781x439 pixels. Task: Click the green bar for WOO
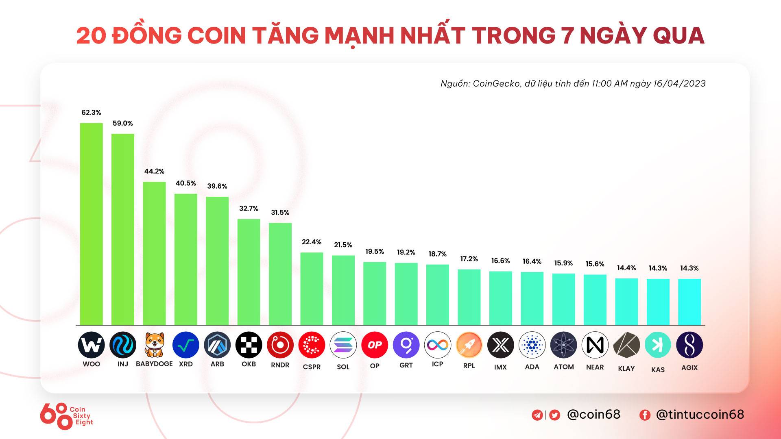[91, 224]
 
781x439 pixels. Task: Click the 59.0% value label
[122, 123]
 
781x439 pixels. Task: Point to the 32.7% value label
[249, 209]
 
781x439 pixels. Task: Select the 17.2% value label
[469, 259]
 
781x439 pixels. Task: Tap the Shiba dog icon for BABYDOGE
[154, 345]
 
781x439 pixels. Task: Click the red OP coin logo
[374, 345]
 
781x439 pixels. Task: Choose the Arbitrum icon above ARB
[217, 345]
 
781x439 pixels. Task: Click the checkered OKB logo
[249, 345]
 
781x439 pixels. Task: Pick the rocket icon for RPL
[469, 345]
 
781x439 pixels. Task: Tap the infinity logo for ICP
[437, 345]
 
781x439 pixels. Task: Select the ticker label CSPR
[312, 367]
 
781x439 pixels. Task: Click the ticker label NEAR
[595, 367]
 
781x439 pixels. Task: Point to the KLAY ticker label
[626, 369]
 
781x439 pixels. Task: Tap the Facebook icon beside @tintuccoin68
[645, 415]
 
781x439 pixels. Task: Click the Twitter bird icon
[554, 415]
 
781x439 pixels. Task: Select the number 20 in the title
[91, 36]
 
